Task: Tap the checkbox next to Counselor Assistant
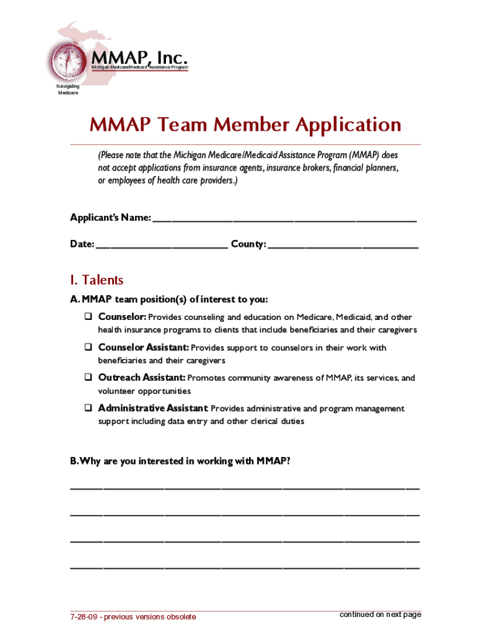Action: pos(89,348)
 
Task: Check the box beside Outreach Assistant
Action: pos(89,378)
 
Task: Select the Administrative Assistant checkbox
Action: pos(89,409)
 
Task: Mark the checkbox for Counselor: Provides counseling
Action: pos(89,317)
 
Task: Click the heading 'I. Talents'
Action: pos(97,280)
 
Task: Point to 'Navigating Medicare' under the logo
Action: pos(68,90)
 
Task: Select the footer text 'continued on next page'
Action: pos(380,615)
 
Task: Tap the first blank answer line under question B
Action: pos(245,488)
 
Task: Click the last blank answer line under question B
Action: pos(245,567)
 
